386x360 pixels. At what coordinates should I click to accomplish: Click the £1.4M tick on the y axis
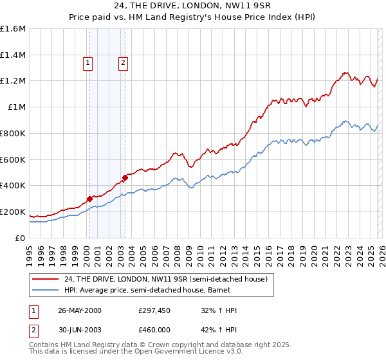coord(13,55)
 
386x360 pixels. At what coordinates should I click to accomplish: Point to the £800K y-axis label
coord(12,134)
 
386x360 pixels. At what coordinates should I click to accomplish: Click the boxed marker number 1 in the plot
coord(87,63)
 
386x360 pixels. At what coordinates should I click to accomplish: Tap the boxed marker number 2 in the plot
coord(122,63)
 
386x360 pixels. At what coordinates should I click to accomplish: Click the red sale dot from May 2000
coord(90,199)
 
